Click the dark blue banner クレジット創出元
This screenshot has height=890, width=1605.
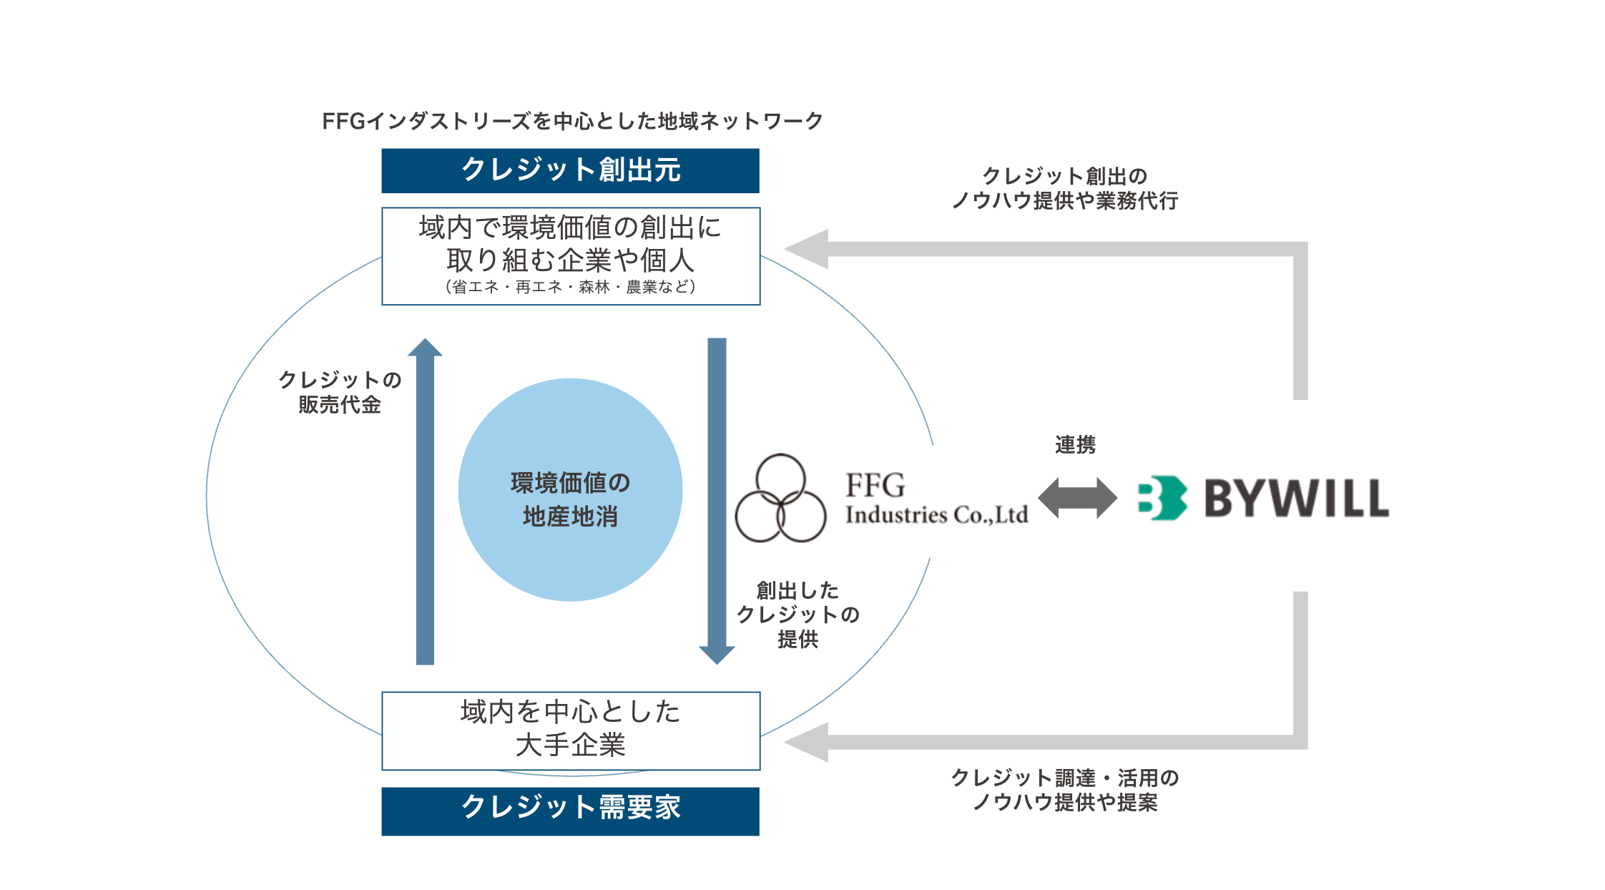tap(570, 170)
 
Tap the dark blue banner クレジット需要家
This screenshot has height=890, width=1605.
tap(570, 810)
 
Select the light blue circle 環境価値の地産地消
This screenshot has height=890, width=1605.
tap(570, 490)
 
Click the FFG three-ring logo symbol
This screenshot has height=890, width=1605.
tap(780, 499)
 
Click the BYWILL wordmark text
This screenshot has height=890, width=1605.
tap(1296, 498)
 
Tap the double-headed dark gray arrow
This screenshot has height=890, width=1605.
tap(1077, 498)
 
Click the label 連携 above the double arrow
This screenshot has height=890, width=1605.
tap(1075, 445)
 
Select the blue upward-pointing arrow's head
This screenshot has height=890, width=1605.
tap(426, 348)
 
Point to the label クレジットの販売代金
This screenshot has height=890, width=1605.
tap(340, 392)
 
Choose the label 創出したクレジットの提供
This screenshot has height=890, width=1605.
tap(797, 615)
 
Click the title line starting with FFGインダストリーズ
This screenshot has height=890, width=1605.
tap(572, 121)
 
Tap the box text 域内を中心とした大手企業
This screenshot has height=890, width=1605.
tap(570, 728)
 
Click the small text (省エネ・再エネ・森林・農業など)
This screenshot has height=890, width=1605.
tap(570, 287)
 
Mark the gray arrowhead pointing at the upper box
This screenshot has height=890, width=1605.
tap(808, 249)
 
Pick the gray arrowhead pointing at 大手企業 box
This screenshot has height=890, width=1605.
tap(808, 742)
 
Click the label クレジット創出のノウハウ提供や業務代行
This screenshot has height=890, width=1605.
tap(1064, 188)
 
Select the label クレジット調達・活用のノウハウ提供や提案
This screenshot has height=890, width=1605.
tap(1064, 790)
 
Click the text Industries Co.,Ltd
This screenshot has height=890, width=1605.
tap(936, 514)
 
